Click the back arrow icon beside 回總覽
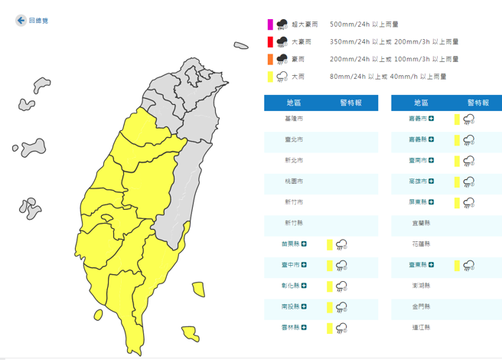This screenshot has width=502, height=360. [x=20, y=21]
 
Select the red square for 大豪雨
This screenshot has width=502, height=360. [x=269, y=42]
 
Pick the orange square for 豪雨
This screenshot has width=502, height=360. [x=269, y=59]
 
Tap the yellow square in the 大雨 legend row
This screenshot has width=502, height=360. [x=269, y=76]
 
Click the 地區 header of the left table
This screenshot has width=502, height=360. [x=294, y=103]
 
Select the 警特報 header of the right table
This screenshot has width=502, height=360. [x=478, y=103]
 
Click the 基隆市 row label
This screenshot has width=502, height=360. [x=294, y=119]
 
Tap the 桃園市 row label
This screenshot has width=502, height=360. [x=294, y=182]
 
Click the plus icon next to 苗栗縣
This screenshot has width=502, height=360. [x=305, y=244]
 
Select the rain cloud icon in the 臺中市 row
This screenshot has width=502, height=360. [x=341, y=265]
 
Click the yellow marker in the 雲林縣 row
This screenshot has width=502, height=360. [x=328, y=328]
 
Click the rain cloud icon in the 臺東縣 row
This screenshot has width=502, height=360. [x=468, y=265]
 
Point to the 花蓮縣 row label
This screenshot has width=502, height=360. [x=421, y=244]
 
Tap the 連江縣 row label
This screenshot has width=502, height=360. [x=421, y=328]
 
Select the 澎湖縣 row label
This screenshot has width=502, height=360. [x=421, y=286]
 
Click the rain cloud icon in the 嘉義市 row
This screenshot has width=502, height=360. [x=468, y=119]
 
